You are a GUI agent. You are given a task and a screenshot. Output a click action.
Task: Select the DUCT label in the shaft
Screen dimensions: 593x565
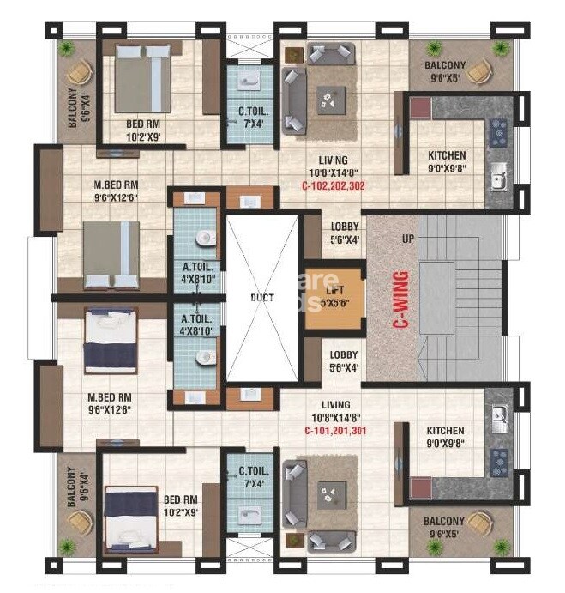tap(261, 298)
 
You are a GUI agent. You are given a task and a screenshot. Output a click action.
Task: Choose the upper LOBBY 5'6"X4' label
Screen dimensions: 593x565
tap(345, 233)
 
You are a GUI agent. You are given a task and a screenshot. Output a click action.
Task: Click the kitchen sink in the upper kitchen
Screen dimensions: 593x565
tap(497, 179)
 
